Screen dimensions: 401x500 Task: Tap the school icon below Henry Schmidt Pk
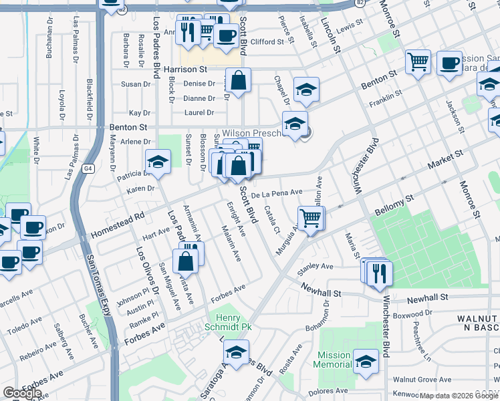click(x=236, y=352)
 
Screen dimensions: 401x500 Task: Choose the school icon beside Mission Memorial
click(x=366, y=361)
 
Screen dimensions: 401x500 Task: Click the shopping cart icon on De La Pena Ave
click(x=311, y=218)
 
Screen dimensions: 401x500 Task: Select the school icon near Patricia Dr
click(x=158, y=162)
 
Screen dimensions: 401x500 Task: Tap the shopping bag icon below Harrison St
click(x=238, y=81)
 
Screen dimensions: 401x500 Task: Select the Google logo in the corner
click(x=22, y=393)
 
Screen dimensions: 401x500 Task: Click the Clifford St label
click(x=267, y=42)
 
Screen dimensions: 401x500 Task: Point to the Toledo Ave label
click(x=25, y=329)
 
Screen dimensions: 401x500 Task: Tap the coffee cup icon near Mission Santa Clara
click(x=450, y=63)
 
